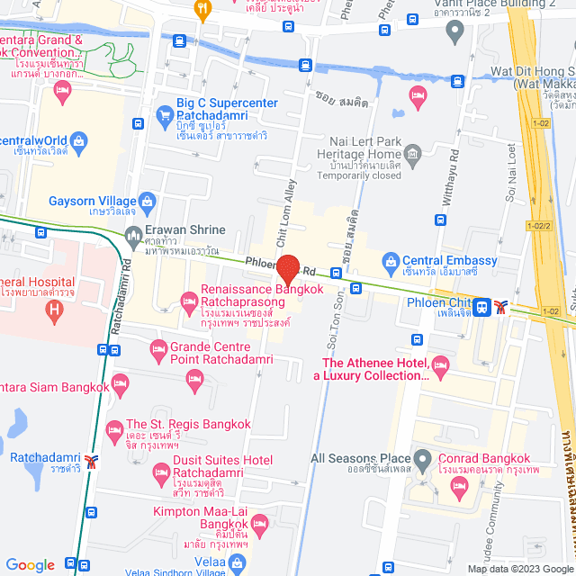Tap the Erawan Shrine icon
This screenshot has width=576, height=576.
[134, 238]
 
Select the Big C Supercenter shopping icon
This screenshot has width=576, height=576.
[164, 114]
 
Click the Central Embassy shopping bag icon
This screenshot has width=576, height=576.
[390, 264]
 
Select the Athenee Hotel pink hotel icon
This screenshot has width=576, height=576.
[440, 364]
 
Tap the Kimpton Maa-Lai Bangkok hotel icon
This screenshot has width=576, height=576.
[260, 523]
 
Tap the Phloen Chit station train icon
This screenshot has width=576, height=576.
[483, 307]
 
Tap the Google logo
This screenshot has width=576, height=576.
[31, 564]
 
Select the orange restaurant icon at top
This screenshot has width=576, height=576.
[202, 10]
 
